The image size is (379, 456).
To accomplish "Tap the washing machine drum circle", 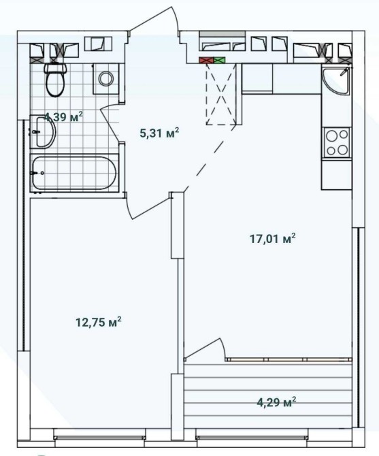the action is [105, 78].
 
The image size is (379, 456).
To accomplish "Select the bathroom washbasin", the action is [43, 131].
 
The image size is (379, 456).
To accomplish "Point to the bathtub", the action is [74, 173].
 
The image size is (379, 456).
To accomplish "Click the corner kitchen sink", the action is [337, 80].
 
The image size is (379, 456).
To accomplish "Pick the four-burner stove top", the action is [337, 142].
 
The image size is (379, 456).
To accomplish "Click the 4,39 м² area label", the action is [63, 117].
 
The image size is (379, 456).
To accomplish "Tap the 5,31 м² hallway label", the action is [159, 133].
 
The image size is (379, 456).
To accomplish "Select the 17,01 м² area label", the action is [273, 238].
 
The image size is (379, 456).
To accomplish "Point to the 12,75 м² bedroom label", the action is [98, 322].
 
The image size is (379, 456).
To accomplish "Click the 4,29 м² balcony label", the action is [277, 402].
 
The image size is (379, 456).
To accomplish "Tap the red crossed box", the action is [206, 60].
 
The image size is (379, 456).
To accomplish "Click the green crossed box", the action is [219, 60].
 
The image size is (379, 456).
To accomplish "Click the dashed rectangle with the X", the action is [221, 94].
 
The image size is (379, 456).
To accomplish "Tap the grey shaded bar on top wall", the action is [223, 34].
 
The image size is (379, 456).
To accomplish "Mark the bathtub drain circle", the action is [42, 173].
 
